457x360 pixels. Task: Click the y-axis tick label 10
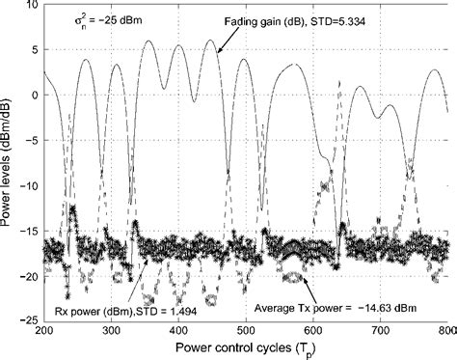point(30,6)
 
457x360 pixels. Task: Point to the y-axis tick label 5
point(33,50)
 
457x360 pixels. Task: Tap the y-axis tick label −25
point(27,321)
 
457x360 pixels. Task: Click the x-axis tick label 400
point(177,331)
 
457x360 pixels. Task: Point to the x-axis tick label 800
point(445,331)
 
